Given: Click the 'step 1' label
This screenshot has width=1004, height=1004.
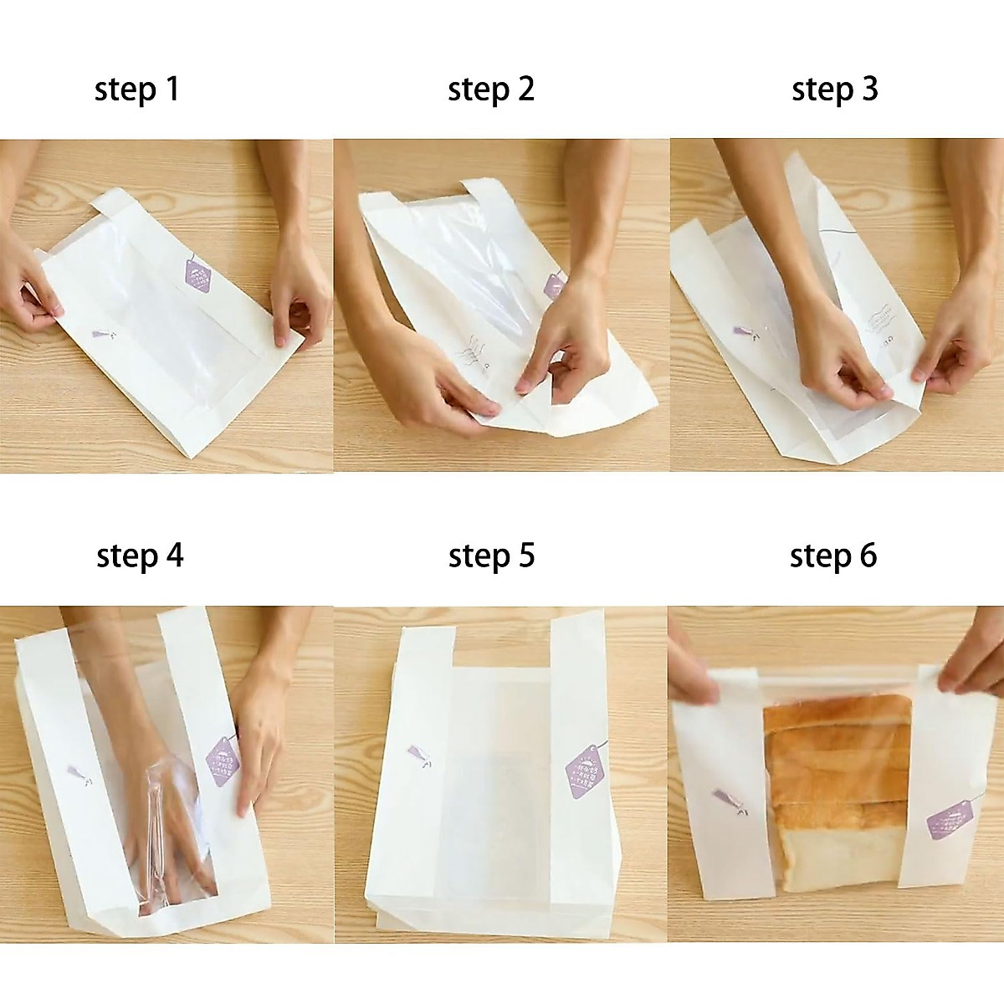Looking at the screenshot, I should (x=137, y=90).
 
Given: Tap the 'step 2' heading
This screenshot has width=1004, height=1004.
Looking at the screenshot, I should (x=490, y=90).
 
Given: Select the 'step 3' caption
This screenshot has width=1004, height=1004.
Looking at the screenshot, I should (x=834, y=90).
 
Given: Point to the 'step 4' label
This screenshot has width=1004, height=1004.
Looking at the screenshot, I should (x=140, y=556).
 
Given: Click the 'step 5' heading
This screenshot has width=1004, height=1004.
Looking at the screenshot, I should (x=491, y=556).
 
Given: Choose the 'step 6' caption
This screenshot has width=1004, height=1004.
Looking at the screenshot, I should (x=833, y=556).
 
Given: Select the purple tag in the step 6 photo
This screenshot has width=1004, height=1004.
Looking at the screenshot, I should (x=950, y=818).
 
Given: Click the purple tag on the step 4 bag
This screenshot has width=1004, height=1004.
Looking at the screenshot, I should (x=223, y=762).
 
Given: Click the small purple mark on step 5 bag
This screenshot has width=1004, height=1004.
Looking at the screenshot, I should (x=418, y=756).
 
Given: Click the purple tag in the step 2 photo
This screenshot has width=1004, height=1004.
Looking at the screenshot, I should (x=555, y=286).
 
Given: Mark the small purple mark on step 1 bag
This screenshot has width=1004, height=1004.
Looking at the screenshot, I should (x=103, y=335).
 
